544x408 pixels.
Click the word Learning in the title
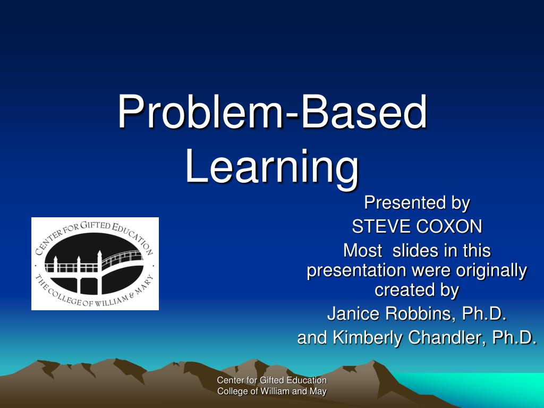tap(272, 167)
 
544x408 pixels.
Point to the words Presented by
tap(416, 203)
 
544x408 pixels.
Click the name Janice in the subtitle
tap(352, 314)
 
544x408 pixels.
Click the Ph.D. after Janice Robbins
tap(483, 314)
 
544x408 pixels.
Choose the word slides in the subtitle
tap(414, 250)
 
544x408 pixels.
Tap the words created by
tap(416, 291)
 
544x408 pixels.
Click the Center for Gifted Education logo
tap(95, 263)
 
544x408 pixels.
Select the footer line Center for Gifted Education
tap(272, 380)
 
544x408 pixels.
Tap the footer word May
tap(318, 392)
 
